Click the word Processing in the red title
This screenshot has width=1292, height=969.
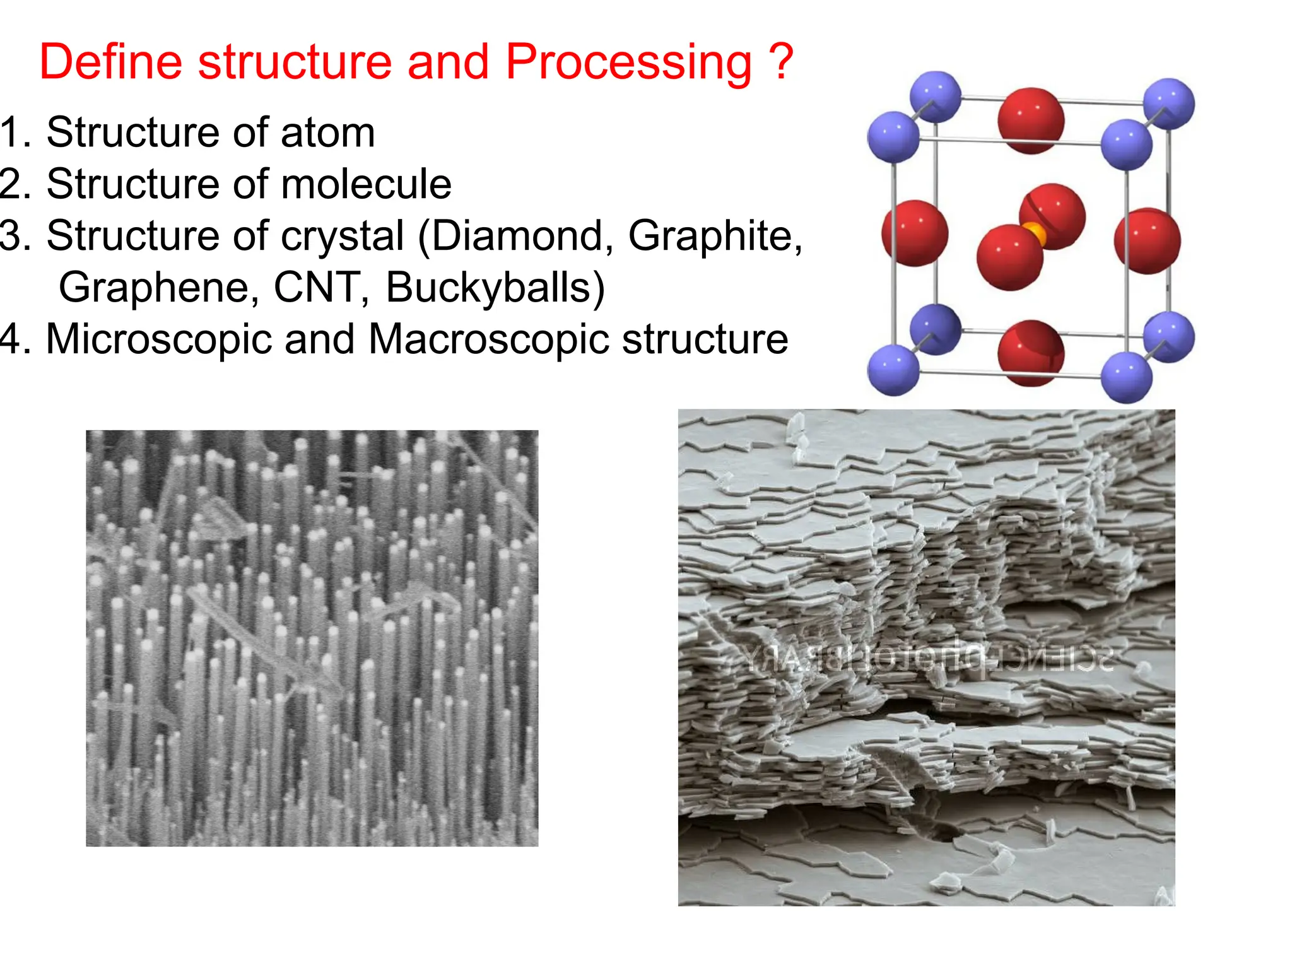point(628,63)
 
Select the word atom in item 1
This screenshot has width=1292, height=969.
point(327,133)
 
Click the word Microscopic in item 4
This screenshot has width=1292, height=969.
point(160,339)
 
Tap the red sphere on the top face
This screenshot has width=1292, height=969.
point(1030,120)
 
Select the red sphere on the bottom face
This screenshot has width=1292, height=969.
point(1030,352)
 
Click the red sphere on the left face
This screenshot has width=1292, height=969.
point(915,233)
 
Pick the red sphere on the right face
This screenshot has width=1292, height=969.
point(1147,240)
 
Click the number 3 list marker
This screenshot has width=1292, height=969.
point(14,236)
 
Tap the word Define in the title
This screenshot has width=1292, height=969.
point(110,62)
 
